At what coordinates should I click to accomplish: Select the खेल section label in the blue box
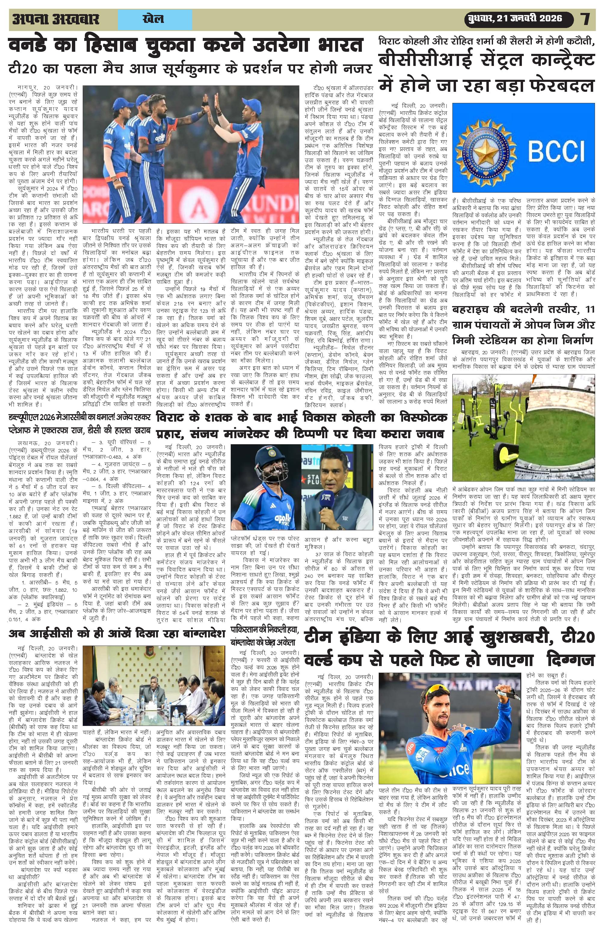pos(153,19)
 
